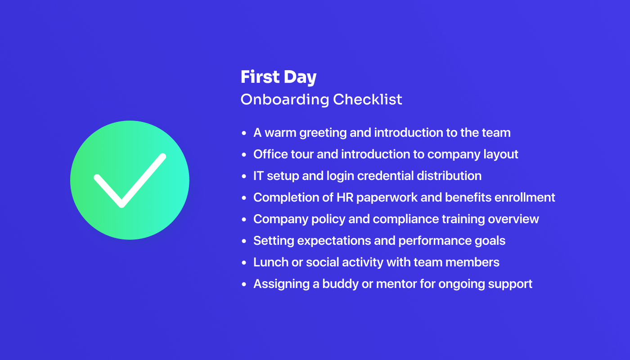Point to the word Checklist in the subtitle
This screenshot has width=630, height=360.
pyautogui.click(x=368, y=99)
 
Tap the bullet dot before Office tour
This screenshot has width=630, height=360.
pyautogui.click(x=244, y=155)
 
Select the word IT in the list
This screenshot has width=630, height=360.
pyautogui.click(x=258, y=175)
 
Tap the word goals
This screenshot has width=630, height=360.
pyautogui.click(x=490, y=241)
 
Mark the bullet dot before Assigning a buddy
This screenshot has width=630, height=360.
pyautogui.click(x=244, y=284)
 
